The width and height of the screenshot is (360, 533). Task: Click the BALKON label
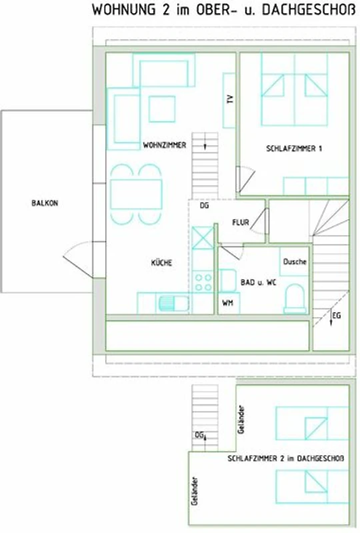tap(45, 203)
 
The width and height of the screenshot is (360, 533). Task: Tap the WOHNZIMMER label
tap(165, 145)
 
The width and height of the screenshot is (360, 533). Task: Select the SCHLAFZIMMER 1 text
tap(294, 149)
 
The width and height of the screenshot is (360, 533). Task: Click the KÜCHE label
tap(161, 263)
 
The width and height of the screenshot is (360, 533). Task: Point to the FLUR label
tap(241, 223)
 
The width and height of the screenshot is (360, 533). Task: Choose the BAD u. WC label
tap(259, 282)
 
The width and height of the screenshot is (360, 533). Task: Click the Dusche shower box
tap(294, 261)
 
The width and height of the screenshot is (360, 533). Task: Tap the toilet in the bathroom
tap(295, 298)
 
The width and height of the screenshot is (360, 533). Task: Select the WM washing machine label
tap(227, 302)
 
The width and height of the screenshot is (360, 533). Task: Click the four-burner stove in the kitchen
tap(203, 282)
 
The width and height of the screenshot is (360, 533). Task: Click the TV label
tap(230, 99)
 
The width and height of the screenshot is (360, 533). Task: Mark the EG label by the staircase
tap(336, 316)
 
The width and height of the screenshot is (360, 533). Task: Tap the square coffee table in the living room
tap(162, 109)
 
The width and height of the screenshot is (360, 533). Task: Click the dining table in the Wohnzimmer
tap(136, 194)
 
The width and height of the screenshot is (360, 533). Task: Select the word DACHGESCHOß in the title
tap(309, 10)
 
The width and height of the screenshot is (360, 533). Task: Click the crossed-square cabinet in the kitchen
tap(203, 238)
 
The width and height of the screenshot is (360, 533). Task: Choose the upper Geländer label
tap(241, 419)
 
